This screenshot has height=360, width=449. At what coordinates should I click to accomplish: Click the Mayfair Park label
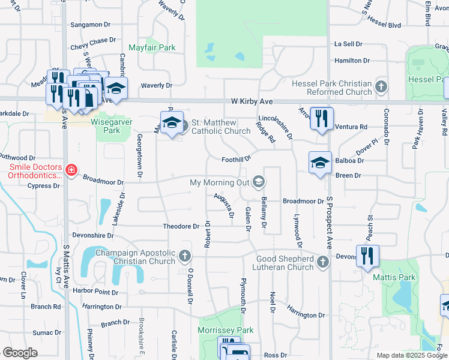pyautogui.click(x=152, y=47)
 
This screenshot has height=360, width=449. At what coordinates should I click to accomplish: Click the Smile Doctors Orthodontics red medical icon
pyautogui.click(x=71, y=170)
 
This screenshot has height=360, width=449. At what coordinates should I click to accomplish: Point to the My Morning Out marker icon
pyautogui.click(x=259, y=181)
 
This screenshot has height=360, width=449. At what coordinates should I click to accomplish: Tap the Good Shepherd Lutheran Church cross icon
pyautogui.click(x=324, y=262)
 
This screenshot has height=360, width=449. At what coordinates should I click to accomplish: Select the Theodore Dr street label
pyautogui.click(x=181, y=226)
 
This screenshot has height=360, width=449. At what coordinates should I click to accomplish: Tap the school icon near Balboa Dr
pyautogui.click(x=320, y=162)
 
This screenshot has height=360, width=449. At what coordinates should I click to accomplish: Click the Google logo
pyautogui.click(x=20, y=353)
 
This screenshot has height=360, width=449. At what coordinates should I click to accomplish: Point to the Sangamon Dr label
pyautogui.click(x=91, y=25)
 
